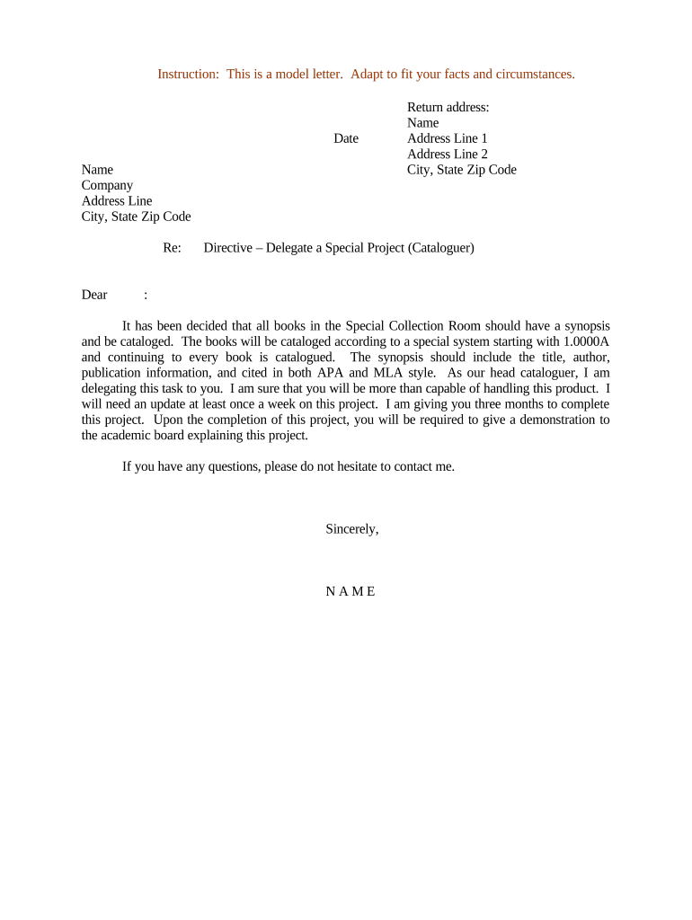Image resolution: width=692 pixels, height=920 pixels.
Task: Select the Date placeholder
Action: coord(346,138)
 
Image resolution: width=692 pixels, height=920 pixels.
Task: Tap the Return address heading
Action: coord(448,107)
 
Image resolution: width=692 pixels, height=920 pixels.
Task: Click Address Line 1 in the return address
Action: coord(448,138)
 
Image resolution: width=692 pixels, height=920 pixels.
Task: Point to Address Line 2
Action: coord(448,154)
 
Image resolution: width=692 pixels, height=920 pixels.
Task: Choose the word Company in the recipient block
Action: coord(107,185)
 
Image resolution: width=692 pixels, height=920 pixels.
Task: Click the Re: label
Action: coord(173,247)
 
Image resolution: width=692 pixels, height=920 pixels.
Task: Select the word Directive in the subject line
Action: coord(228,247)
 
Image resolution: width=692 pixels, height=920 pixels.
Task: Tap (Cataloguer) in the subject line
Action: coord(440,247)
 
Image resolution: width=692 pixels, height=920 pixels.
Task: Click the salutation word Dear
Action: coord(94,295)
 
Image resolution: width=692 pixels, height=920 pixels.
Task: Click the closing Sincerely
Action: coord(351,529)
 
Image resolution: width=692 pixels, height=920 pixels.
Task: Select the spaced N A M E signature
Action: coord(350,591)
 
